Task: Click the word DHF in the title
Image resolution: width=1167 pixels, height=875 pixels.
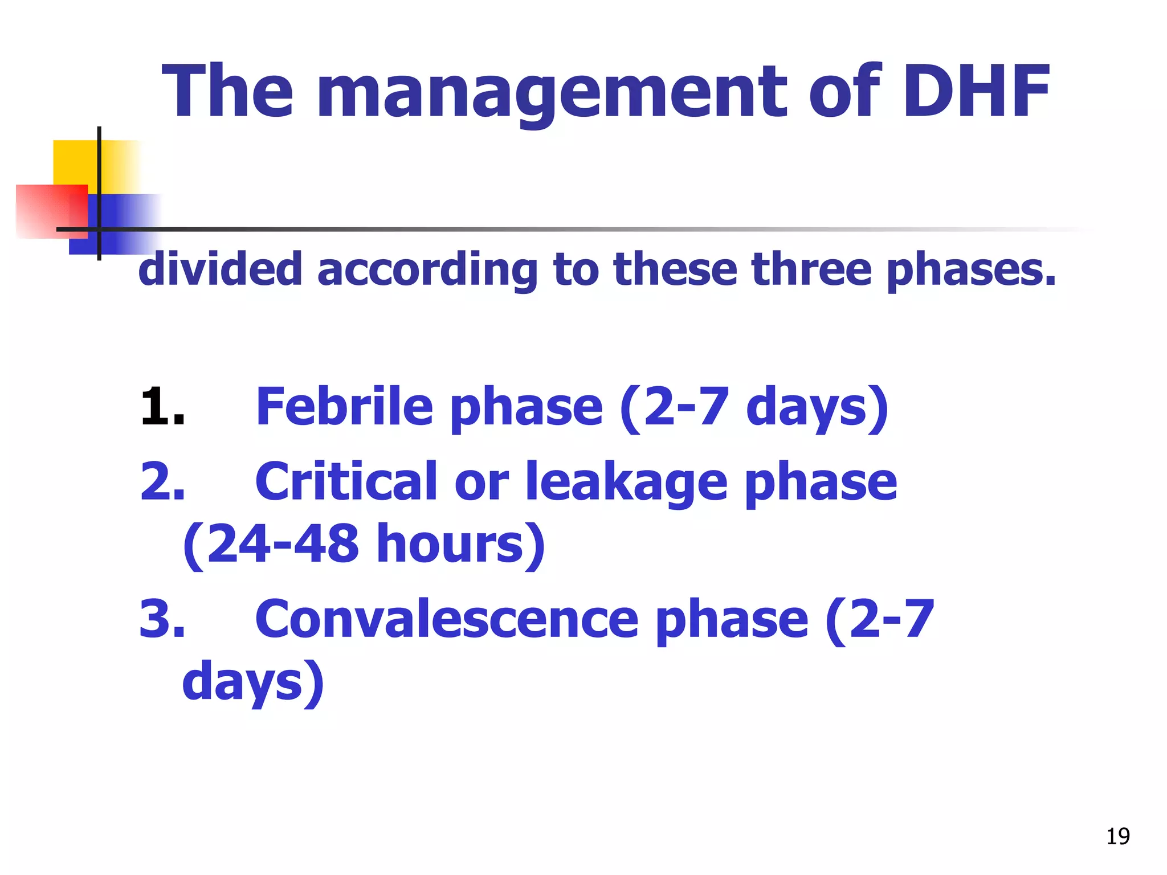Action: point(976,92)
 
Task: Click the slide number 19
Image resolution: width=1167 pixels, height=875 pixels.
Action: point(1118,836)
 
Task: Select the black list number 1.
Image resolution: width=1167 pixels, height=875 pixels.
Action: point(162,406)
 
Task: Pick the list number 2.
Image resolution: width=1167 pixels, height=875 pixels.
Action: point(162,482)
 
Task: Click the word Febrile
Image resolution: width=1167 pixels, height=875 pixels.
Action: point(345,406)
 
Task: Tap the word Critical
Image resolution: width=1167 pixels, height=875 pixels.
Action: point(346,482)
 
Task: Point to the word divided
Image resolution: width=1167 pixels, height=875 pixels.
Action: point(220,269)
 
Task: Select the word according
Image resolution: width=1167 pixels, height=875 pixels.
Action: point(427,270)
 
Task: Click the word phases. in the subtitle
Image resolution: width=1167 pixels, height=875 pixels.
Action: point(972,270)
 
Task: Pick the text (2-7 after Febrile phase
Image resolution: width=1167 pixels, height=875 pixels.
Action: point(674,406)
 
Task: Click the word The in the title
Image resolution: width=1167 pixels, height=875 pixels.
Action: point(228,92)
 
